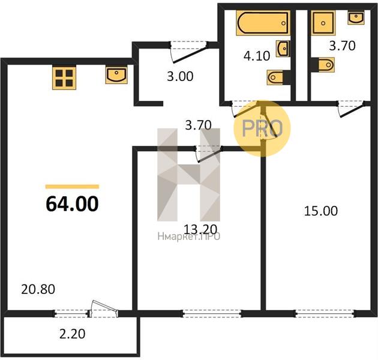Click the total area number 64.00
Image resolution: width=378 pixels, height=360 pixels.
(72, 204)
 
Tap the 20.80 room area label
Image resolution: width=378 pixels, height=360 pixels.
(38, 289)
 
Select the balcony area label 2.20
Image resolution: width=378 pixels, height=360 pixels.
(73, 334)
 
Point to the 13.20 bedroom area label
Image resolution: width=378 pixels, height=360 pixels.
(200, 229)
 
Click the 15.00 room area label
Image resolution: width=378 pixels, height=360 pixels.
(321, 211)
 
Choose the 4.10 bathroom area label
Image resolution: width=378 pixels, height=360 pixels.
(257, 56)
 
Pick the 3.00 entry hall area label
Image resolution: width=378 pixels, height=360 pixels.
(180, 76)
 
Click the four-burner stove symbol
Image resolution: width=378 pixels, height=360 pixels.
(64, 78)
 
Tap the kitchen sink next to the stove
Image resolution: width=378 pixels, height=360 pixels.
(116, 76)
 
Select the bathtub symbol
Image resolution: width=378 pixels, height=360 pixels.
(263, 23)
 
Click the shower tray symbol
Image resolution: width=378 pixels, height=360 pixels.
(323, 23)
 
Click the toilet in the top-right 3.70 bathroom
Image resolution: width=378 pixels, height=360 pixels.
(323, 65)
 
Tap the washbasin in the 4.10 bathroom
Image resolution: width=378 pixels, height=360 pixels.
(283, 49)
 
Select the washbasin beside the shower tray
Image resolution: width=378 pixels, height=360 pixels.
(356, 17)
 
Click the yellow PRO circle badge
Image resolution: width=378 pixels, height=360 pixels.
(262, 128)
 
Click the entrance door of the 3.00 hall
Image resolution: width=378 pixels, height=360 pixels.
(188, 52)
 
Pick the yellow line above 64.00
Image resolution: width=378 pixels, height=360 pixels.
(72, 187)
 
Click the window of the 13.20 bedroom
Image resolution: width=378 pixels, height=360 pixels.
(212, 313)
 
